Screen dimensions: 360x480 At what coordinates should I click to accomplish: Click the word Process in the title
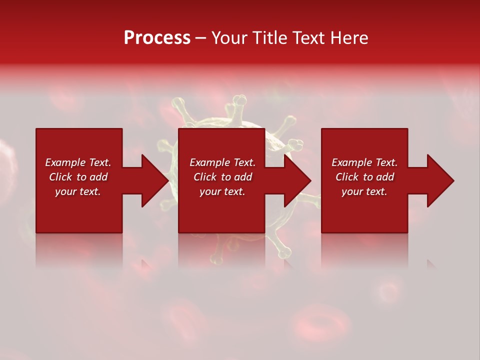point(157,38)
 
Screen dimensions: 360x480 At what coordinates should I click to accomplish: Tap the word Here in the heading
point(349,38)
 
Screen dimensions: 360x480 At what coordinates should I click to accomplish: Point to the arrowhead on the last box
point(440,180)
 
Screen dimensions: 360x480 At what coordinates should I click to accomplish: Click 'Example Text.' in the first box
point(78,162)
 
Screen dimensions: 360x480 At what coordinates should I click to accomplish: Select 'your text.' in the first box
point(78,191)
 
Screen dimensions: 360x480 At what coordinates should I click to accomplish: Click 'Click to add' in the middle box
point(222,177)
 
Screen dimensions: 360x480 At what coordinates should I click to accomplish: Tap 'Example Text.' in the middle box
point(222,162)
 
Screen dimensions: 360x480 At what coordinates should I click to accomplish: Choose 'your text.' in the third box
point(364,191)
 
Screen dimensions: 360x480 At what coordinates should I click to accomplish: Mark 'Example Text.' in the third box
point(364,162)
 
